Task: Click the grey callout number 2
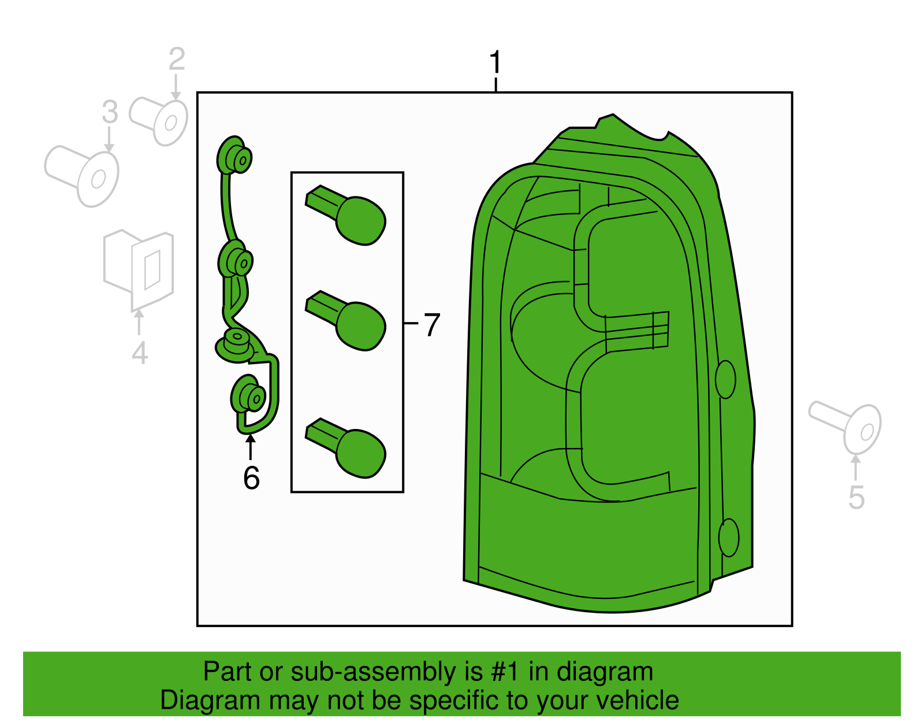pyautogui.click(x=177, y=60)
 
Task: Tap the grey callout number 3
pyautogui.click(x=110, y=112)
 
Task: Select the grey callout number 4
pyautogui.click(x=140, y=353)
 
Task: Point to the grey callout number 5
pyautogui.click(x=856, y=498)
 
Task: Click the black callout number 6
pyautogui.click(x=251, y=478)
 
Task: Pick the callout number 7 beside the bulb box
pyautogui.click(x=432, y=325)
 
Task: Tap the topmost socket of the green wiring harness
pyautogui.click(x=234, y=156)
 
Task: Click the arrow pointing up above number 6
pyautogui.click(x=250, y=446)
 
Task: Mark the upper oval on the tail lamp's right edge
pyautogui.click(x=725, y=380)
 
